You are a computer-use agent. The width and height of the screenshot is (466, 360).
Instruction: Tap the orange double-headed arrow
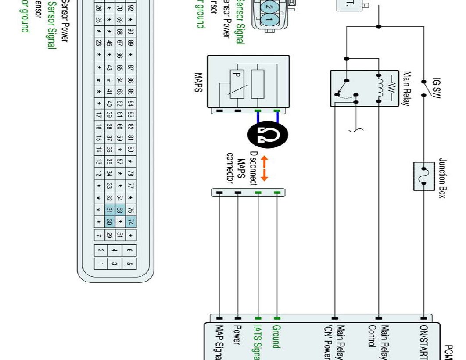(x=264, y=168)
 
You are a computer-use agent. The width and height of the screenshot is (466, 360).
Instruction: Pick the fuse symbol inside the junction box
(x=424, y=176)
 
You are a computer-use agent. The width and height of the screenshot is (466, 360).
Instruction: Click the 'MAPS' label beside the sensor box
(x=198, y=82)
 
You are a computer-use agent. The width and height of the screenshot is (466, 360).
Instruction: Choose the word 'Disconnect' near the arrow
(x=253, y=168)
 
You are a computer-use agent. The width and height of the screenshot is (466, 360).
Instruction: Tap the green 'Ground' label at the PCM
(x=277, y=337)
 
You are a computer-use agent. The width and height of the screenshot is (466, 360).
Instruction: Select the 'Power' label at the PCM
(x=237, y=335)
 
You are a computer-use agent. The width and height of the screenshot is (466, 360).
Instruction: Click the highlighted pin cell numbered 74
(x=131, y=222)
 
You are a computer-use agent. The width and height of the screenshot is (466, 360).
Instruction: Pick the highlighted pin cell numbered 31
(x=110, y=210)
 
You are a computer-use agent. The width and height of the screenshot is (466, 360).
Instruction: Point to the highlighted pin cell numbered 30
(x=110, y=222)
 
